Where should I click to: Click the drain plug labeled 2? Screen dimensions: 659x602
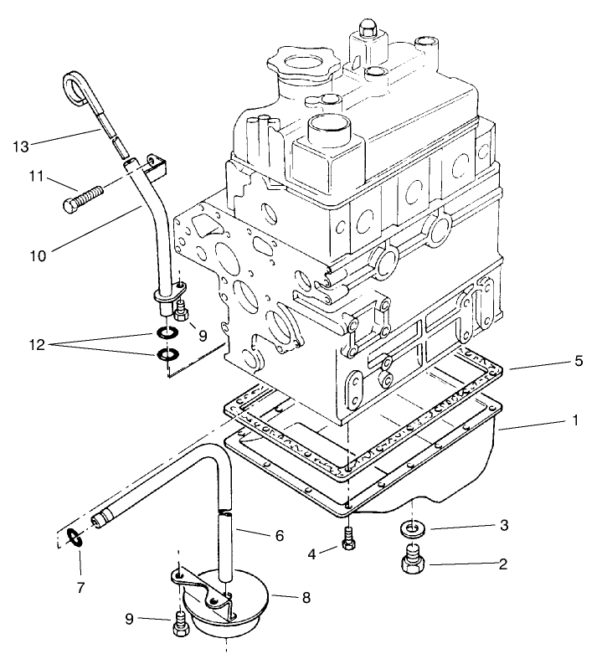click(413, 560)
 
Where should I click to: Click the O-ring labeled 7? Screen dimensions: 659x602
click(74, 538)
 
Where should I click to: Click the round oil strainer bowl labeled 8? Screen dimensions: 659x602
click(228, 607)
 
